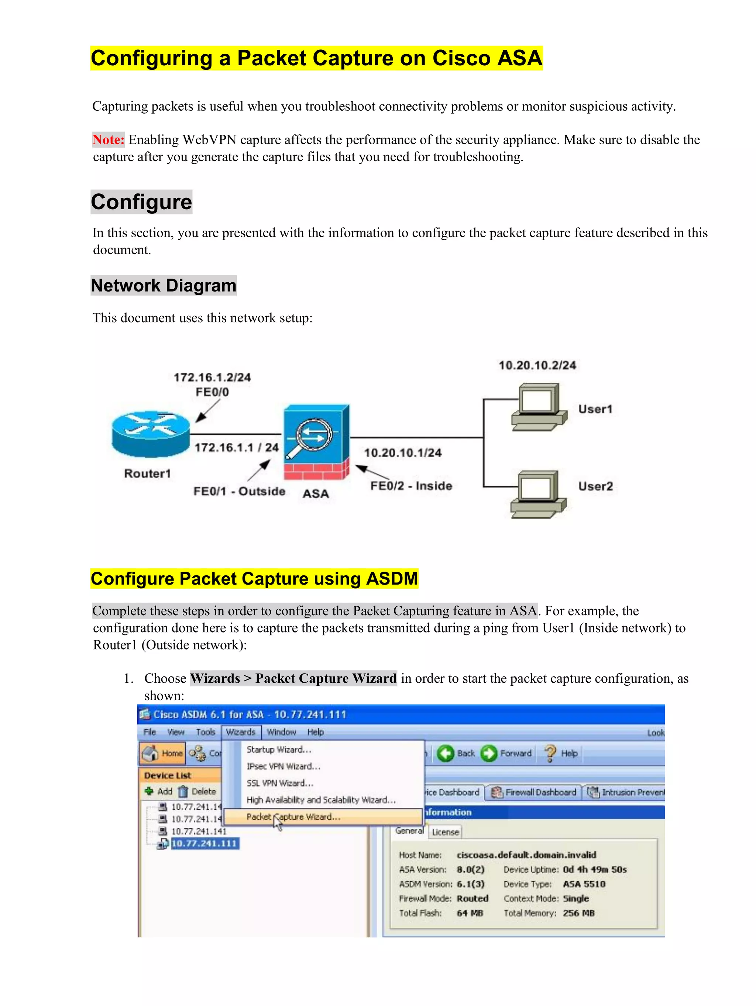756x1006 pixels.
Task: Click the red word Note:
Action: tap(108, 139)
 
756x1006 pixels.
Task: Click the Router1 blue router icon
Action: tap(151, 433)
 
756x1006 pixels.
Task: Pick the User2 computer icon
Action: tap(539, 495)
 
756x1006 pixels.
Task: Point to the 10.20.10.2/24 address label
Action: tap(537, 366)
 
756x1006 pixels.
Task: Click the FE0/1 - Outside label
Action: tap(239, 491)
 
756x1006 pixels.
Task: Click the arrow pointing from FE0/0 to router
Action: tap(207, 411)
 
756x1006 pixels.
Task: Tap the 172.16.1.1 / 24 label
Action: tap(237, 448)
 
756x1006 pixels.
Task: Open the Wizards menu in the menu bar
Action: tap(241, 732)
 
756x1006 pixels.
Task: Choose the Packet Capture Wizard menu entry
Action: tap(293, 817)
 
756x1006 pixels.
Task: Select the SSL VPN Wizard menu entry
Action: tap(280, 783)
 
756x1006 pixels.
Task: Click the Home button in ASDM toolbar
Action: tap(163, 753)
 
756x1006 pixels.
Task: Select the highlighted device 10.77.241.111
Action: tap(204, 844)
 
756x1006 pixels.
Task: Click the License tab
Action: tap(445, 832)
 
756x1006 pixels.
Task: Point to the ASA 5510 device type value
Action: tap(584, 884)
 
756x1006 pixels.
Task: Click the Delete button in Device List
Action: tap(197, 791)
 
